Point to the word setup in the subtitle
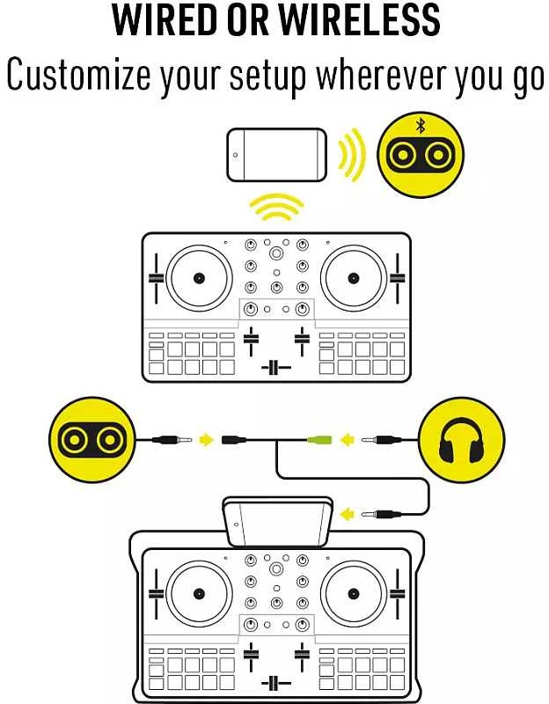click(268, 77)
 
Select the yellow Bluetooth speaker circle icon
click(421, 155)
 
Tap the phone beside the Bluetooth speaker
click(276, 155)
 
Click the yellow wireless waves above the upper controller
click(276, 207)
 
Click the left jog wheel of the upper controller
click(199, 278)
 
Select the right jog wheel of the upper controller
click(354, 278)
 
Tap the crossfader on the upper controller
click(276, 368)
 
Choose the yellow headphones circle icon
click(462, 439)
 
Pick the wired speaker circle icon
click(92, 439)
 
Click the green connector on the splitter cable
click(319, 439)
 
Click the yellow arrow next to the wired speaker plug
click(206, 439)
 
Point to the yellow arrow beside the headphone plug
click(347, 439)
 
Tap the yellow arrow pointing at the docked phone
click(347, 514)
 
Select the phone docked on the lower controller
click(278, 521)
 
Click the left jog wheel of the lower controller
click(199, 593)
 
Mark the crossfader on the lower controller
click(276, 683)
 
